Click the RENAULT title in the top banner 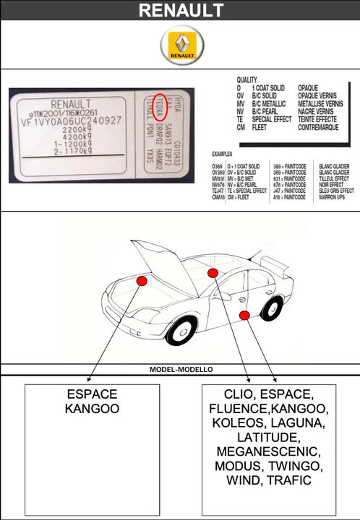click(x=180, y=10)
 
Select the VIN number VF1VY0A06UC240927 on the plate click(x=70, y=121)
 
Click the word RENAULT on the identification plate click(x=71, y=103)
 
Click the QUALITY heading click(x=247, y=80)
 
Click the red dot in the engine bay click(x=142, y=280)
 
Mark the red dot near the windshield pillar click(x=213, y=273)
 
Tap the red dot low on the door click(x=245, y=314)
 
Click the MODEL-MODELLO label click(x=181, y=369)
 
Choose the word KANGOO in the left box click(x=92, y=409)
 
